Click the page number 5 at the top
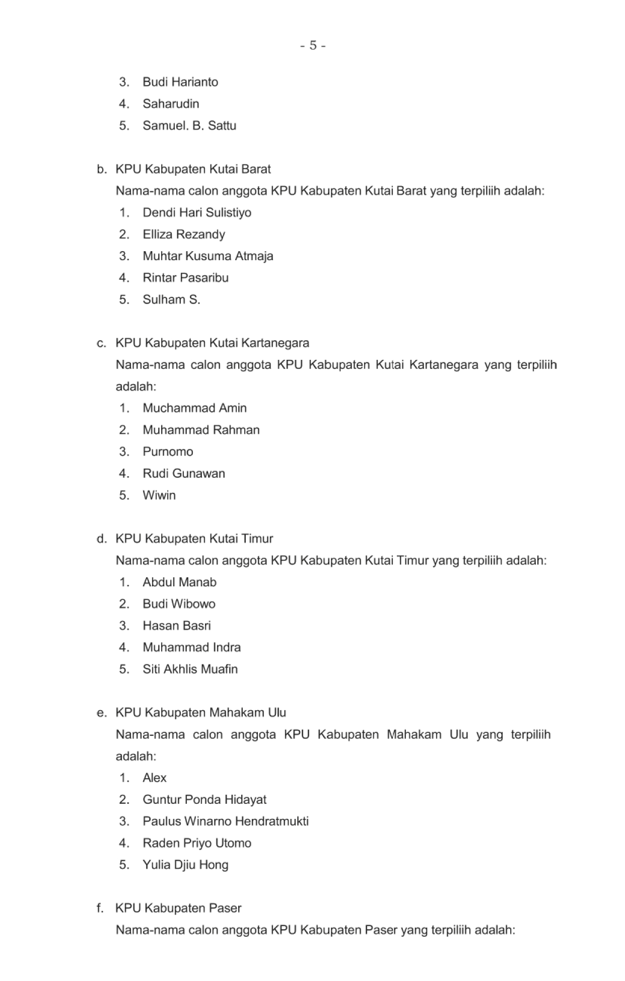[313, 46]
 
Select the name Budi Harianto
[180, 82]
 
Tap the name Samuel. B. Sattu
[189, 125]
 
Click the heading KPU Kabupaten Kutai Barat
[193, 169]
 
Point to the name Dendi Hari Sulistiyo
[197, 212]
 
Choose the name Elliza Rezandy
[184, 234]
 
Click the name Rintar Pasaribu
[185, 278]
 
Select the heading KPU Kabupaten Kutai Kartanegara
[212, 343]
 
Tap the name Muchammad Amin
[194, 408]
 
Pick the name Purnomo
[168, 451]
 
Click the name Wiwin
[159, 495]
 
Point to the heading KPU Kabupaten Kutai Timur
[194, 539]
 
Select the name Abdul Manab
[179, 582]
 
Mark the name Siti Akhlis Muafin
[190, 669]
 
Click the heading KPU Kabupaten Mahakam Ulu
[200, 713]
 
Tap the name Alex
[154, 778]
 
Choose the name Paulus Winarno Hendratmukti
[226, 821]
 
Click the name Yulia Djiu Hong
[185, 865]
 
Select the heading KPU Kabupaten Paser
[178, 908]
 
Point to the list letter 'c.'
[101, 343]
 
